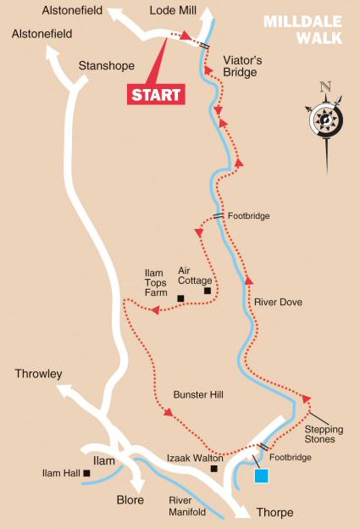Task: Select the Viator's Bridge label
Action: point(245,67)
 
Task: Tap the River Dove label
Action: point(277,301)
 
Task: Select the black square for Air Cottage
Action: point(208,291)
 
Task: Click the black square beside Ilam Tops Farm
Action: point(180,298)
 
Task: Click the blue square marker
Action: point(262,476)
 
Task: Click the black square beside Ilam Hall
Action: point(86,473)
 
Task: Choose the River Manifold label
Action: point(188,506)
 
